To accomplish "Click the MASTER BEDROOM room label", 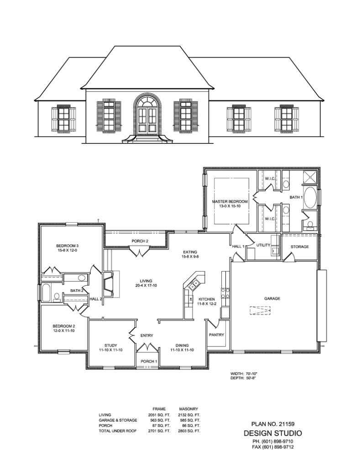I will click(x=230, y=202).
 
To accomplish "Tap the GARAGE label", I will click(x=272, y=298).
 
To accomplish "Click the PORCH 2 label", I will click(x=140, y=241).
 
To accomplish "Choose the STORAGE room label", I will click(x=300, y=247).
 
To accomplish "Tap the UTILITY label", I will click(x=263, y=245).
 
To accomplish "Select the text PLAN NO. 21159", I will click(x=272, y=424).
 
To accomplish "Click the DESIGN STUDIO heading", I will click(x=272, y=433).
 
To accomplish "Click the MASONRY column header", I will click(x=188, y=409).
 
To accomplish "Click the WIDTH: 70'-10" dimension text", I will click(x=247, y=373).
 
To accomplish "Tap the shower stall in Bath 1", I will click(x=310, y=176).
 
